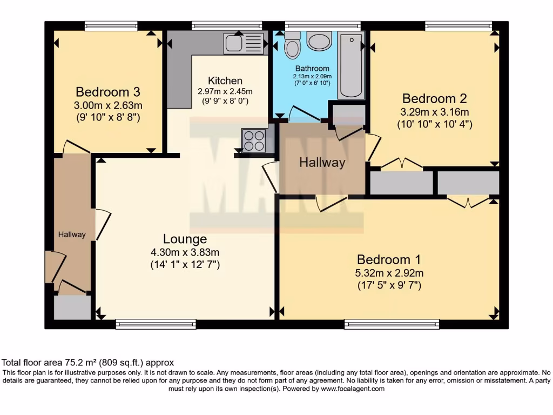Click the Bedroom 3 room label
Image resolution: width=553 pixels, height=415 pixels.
pos(107,91)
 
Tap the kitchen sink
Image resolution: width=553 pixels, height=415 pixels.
pos(244,43)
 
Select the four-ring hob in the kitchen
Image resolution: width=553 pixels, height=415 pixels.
pos(254,140)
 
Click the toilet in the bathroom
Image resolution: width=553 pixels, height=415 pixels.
pos(292,45)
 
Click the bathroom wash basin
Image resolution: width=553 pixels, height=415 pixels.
pos(319,41)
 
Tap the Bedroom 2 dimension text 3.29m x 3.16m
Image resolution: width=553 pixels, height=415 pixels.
pos(434,112)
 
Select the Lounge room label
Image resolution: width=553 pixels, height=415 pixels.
pos(185,239)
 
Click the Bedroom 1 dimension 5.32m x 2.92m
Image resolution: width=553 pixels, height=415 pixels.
pos(389,272)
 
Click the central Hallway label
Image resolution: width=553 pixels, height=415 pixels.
pos(322,162)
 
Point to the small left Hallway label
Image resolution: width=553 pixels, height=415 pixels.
pos(72,235)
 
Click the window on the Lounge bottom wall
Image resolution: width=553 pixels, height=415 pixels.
pos(156,324)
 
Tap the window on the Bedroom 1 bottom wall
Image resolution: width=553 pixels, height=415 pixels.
pos(392,324)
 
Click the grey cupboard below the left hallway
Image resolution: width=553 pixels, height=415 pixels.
pos(72,307)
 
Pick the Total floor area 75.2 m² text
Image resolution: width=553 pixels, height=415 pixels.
pos(88,363)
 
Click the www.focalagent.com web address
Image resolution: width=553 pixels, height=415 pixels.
pos(352,389)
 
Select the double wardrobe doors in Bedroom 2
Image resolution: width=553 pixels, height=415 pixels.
pos(402,164)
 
